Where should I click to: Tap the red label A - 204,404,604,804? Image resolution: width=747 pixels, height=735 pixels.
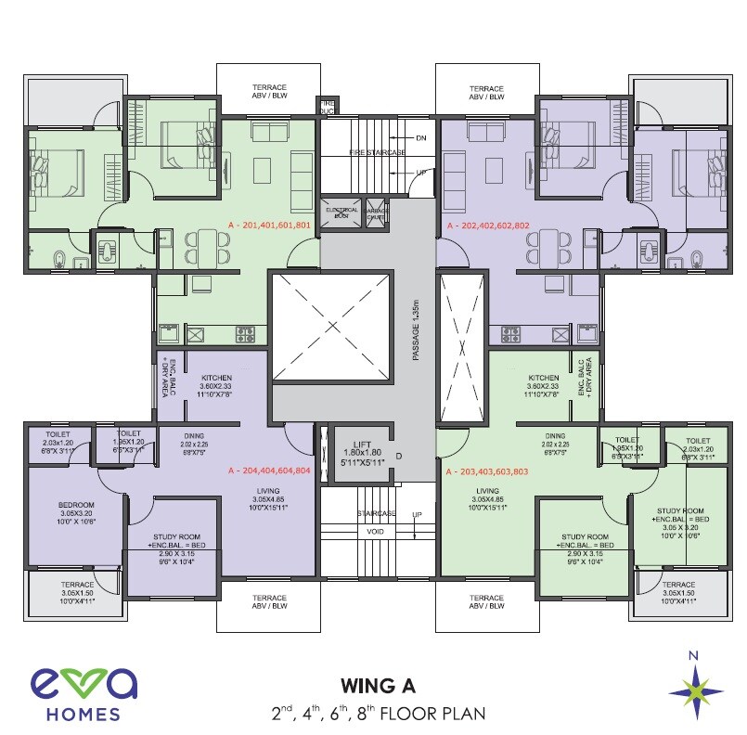[269, 471]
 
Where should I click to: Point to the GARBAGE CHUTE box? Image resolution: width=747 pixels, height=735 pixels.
[380, 213]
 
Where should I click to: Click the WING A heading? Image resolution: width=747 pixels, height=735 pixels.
[378, 687]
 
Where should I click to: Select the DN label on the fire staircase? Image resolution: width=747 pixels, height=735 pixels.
[421, 137]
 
